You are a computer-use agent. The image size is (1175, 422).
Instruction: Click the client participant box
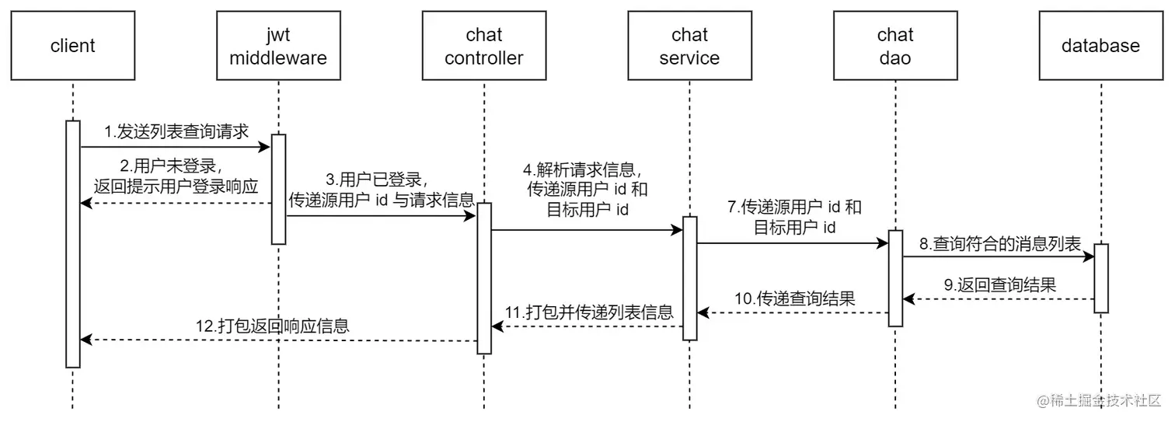coord(72,46)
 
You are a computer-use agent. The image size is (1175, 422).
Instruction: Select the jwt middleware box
coord(277,46)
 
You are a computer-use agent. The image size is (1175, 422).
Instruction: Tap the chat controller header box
coord(483,46)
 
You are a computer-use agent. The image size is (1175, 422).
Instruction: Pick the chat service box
coord(689,46)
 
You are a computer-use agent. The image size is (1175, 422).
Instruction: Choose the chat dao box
coord(894,46)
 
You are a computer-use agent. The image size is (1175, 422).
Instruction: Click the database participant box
coord(1100,46)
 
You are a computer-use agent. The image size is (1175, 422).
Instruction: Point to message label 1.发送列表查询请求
coord(176,132)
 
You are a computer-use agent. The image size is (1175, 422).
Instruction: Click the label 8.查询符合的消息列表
coord(1000,244)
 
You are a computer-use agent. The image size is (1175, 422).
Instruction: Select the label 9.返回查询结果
coord(1000,285)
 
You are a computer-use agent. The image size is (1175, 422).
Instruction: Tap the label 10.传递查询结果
coord(794,298)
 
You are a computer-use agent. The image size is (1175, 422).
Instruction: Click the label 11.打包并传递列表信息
coord(589,312)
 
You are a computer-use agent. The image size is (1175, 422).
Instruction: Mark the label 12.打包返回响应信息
coord(272,326)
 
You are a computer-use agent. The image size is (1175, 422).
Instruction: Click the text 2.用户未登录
coord(169,166)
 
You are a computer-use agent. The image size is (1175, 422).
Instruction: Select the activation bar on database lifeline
coord(1100,278)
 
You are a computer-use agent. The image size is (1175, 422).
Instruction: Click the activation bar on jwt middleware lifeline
coord(278,189)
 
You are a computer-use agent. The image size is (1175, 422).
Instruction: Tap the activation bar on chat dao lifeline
coord(895,278)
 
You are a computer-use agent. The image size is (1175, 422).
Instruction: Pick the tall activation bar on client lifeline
coord(72,243)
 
